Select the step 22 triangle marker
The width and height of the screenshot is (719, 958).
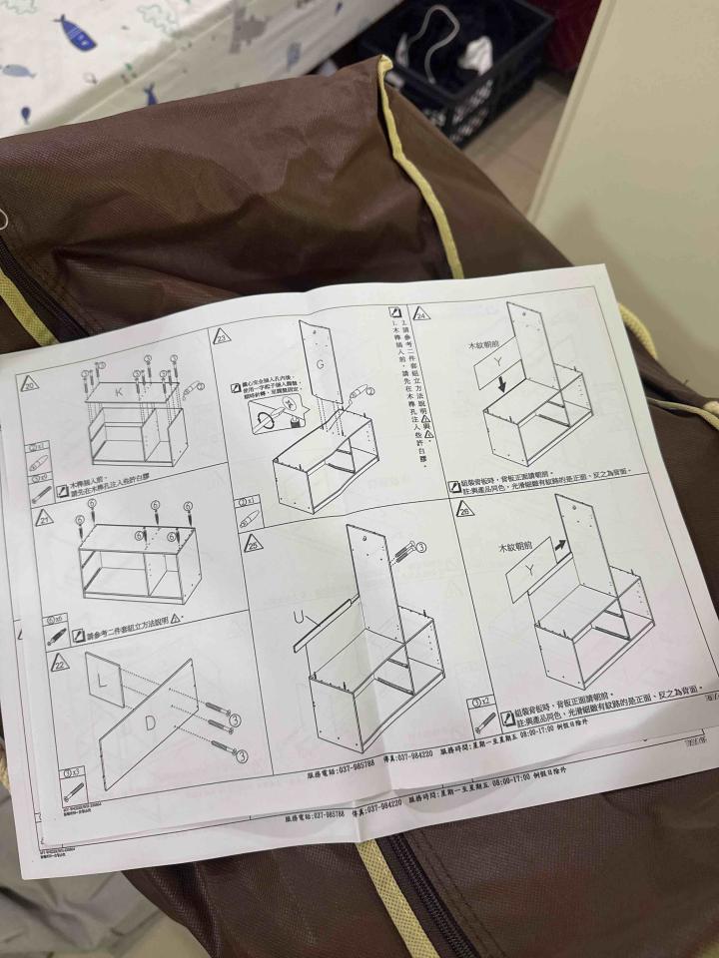60,662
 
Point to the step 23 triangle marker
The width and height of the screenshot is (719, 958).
222,336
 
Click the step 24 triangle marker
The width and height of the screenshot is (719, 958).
422,312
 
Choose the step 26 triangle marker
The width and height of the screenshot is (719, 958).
463,509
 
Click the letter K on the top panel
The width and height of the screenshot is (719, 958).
120,393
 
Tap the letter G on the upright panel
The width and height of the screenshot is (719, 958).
320,364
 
